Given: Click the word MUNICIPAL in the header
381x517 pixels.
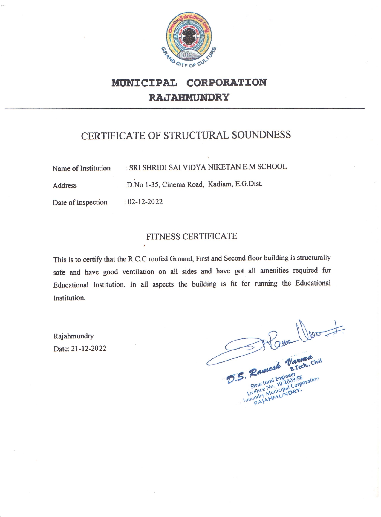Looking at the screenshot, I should [144, 83].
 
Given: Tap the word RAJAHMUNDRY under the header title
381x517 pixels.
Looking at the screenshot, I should [189, 97].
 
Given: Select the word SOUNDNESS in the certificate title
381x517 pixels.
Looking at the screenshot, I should [261, 135].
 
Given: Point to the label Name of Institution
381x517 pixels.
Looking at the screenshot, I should [81, 168].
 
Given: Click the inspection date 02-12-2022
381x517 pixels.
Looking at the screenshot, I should [145, 202].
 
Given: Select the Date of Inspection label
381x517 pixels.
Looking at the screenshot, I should [80, 202].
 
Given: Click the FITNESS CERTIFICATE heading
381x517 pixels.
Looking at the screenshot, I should [192, 236].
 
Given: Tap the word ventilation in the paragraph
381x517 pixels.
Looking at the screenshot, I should [138, 272].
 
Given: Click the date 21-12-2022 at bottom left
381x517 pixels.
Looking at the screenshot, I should [88, 349].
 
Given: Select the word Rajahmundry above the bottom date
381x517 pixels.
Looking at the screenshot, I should [74, 336].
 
